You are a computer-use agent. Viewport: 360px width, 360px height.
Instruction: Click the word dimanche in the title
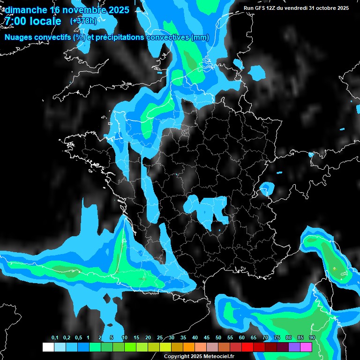point(26,10)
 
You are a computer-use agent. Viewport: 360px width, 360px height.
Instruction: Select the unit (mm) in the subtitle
point(200,37)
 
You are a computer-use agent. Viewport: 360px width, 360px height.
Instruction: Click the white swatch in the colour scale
point(48,347)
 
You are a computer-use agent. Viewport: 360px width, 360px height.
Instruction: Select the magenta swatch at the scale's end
point(306,347)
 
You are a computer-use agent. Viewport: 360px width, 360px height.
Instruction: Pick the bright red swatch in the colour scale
point(247,347)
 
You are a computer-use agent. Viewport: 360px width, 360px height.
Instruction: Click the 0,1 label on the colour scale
point(55,338)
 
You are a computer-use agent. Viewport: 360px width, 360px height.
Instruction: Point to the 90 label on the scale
point(312,338)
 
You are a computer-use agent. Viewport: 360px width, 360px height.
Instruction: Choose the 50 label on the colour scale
point(218,338)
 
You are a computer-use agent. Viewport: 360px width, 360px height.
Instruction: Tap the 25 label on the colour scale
point(159,338)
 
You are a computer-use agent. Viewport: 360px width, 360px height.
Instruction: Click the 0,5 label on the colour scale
point(78,338)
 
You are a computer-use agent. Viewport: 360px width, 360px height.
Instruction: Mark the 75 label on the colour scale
point(277,338)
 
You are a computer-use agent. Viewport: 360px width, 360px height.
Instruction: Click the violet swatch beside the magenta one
point(294,347)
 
